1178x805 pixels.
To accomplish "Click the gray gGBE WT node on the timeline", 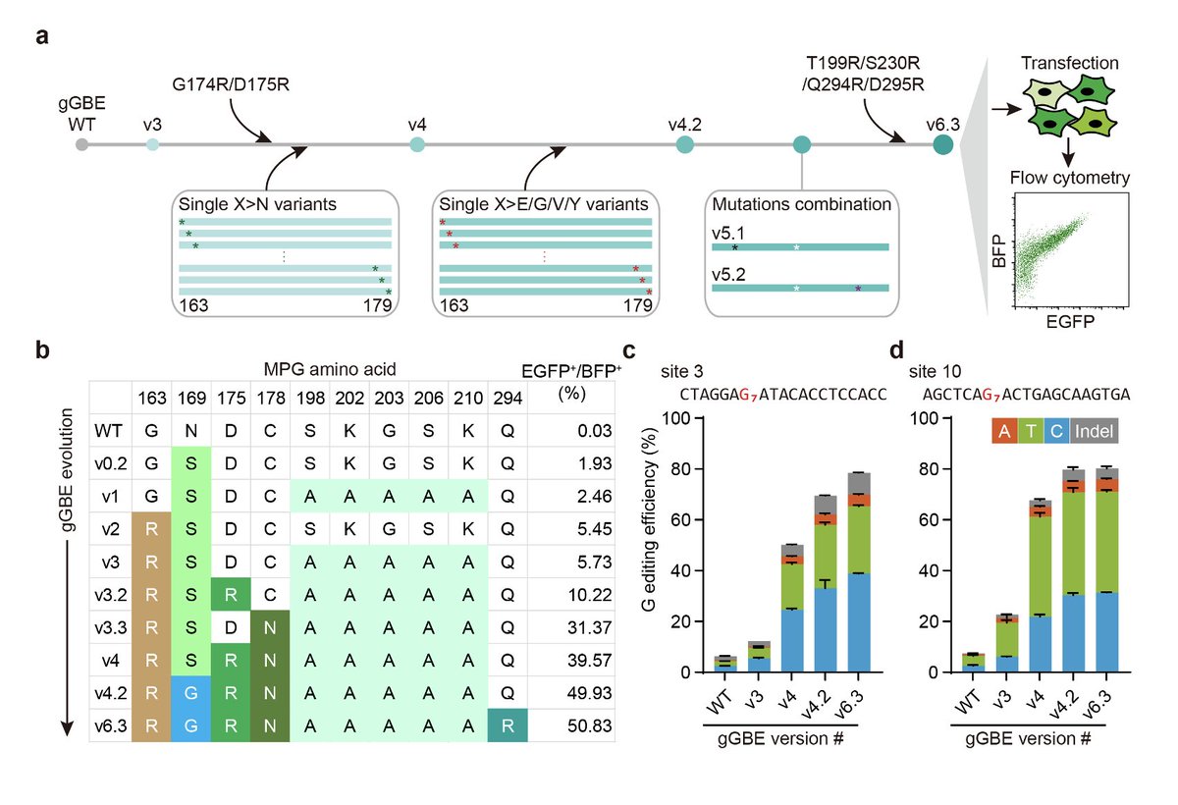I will tap(81, 145).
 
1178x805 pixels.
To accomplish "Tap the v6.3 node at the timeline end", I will tap(942, 145).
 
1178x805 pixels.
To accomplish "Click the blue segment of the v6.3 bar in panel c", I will tap(860, 622).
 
